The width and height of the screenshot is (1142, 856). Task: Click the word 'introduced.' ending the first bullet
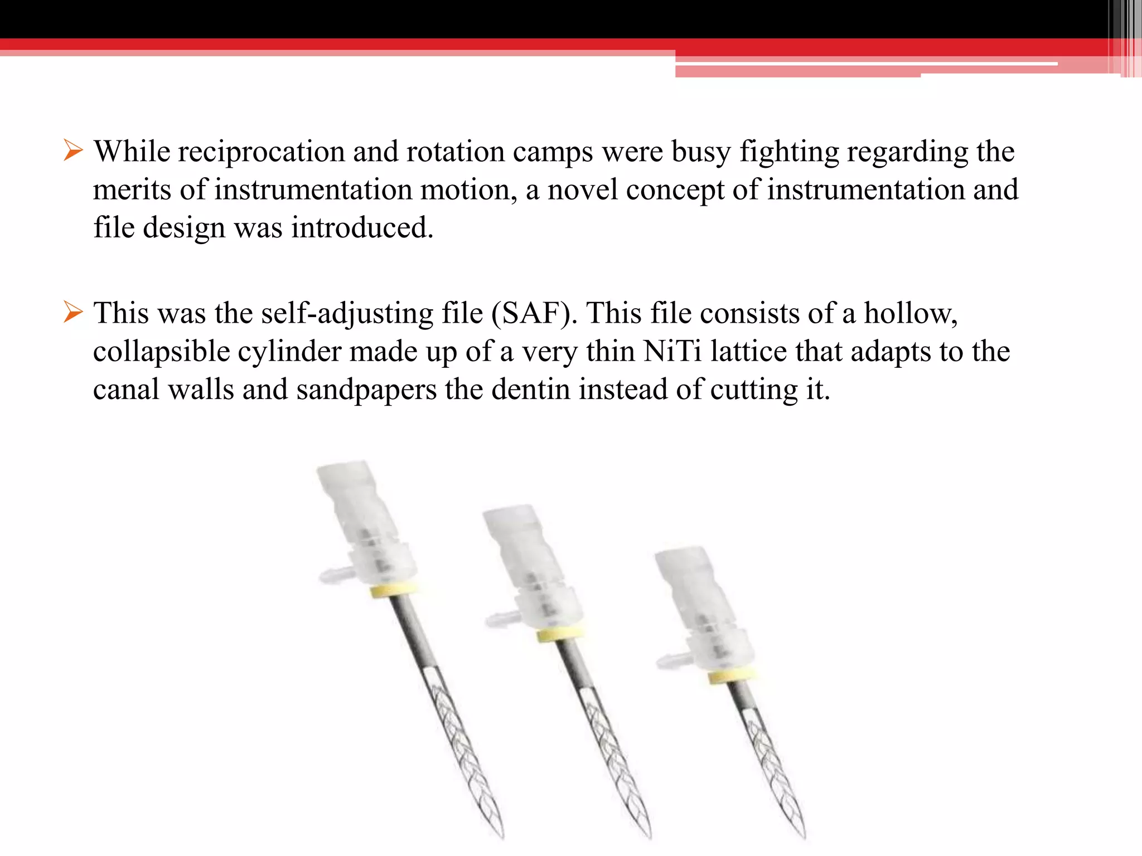[362, 228]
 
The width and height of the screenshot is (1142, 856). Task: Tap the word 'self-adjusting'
[347, 313]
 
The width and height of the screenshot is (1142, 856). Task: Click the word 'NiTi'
[672, 352]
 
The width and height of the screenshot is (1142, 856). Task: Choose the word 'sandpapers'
[366, 390]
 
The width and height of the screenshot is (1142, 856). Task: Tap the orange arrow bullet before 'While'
[73, 151]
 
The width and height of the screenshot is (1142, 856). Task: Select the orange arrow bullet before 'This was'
[73, 313]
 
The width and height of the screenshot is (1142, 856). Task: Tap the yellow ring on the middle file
[560, 634]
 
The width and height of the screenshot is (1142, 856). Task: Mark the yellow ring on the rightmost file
[732, 676]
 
